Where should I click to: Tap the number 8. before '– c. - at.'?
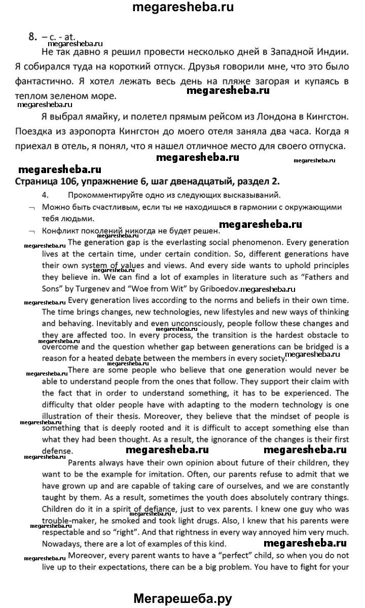pyautogui.click(x=33, y=36)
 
